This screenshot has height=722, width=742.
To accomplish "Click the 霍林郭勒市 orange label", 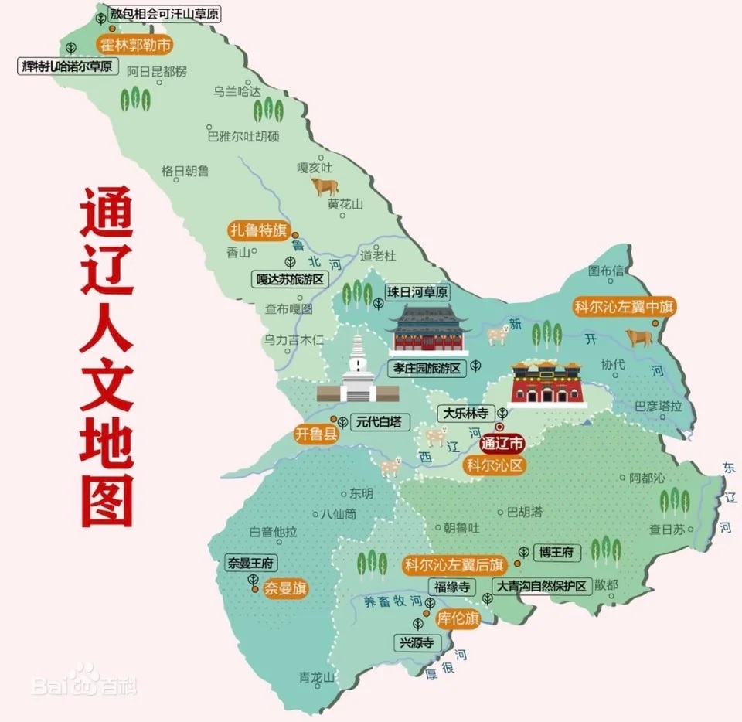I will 133,44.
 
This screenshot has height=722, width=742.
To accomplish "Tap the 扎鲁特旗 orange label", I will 257,230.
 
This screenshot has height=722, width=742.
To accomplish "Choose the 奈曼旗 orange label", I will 285,588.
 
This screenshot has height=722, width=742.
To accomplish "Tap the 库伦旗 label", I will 458,618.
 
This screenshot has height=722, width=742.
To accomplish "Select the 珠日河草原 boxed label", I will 417,292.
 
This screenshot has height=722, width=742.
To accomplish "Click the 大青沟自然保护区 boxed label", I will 542,585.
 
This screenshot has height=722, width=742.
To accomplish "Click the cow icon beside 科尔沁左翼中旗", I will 639,337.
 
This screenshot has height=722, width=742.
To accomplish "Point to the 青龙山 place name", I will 317,677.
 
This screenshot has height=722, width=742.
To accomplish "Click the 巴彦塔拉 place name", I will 659,406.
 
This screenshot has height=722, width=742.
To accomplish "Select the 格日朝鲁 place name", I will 185,171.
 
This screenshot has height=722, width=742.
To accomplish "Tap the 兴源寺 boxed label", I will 416,642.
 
